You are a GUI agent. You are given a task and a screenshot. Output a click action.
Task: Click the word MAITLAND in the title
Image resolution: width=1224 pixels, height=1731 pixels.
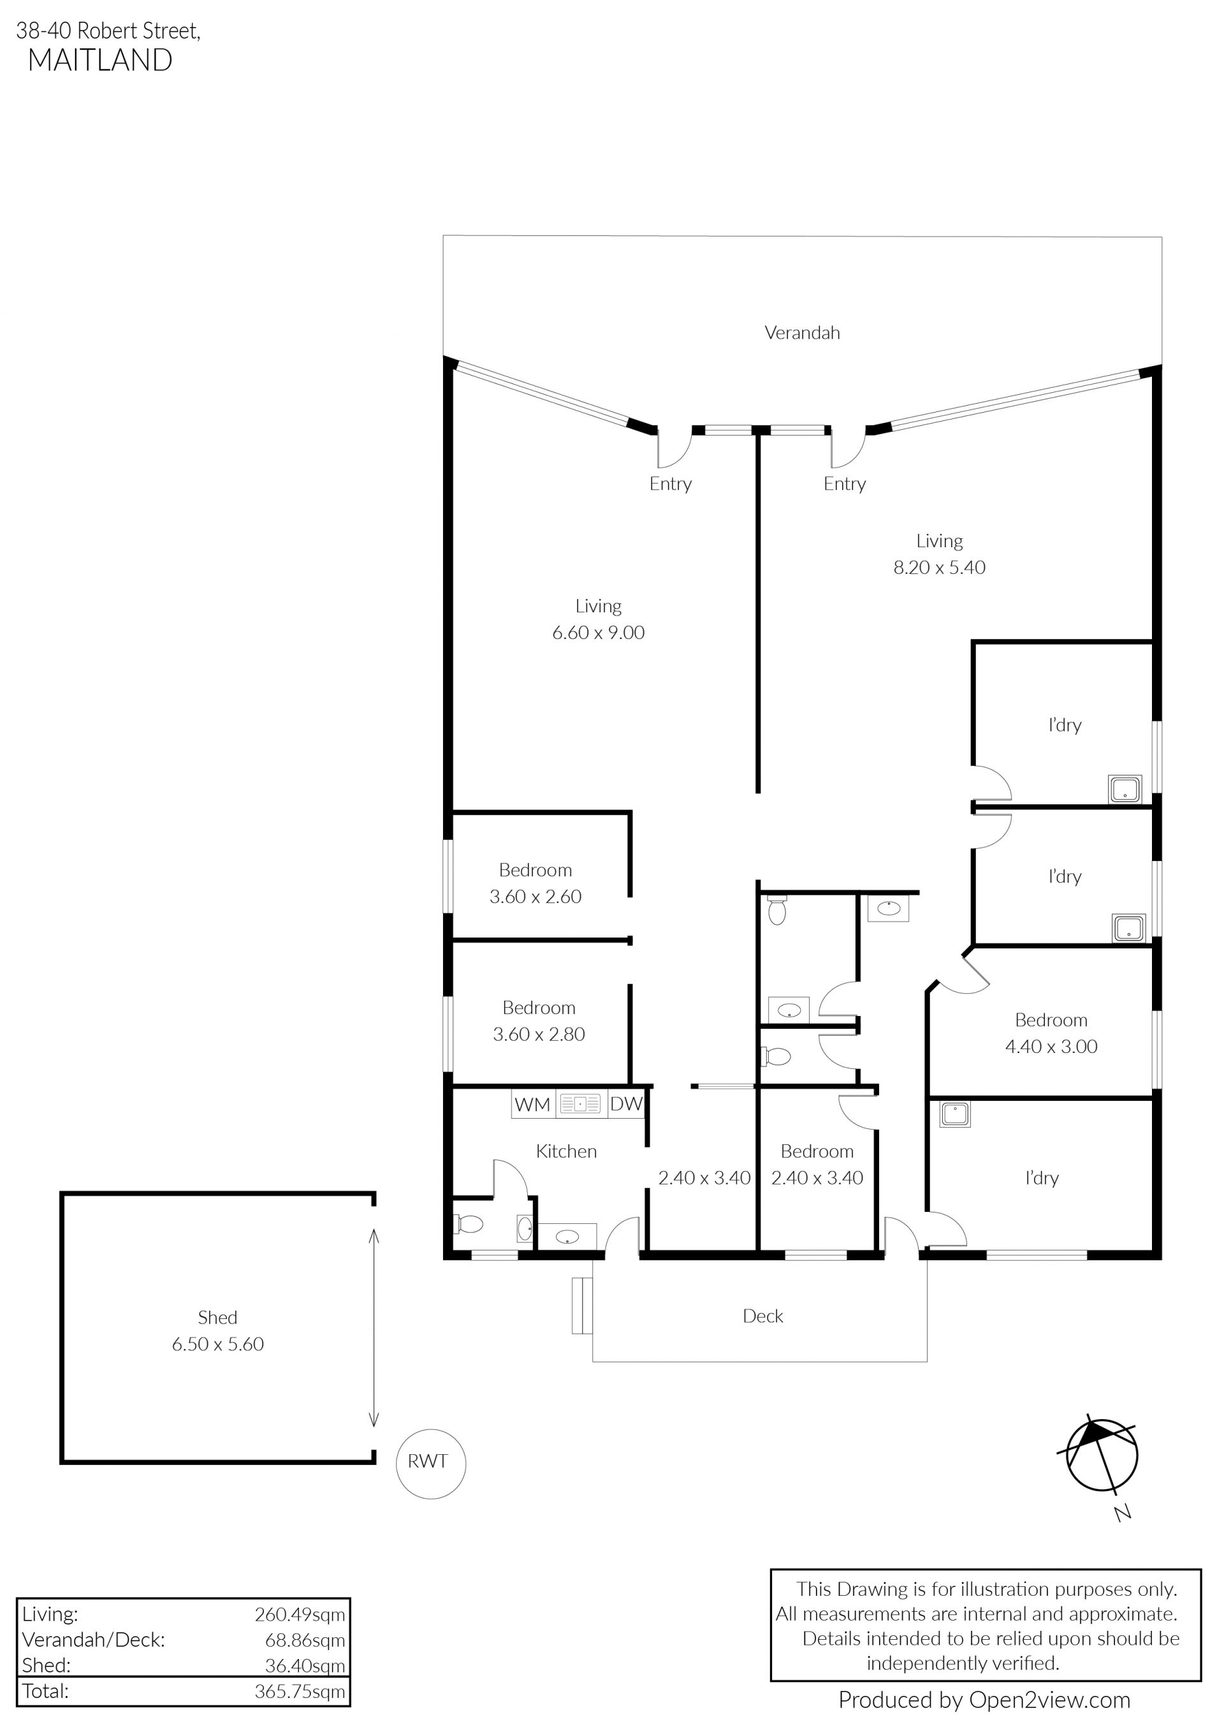(100, 61)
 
